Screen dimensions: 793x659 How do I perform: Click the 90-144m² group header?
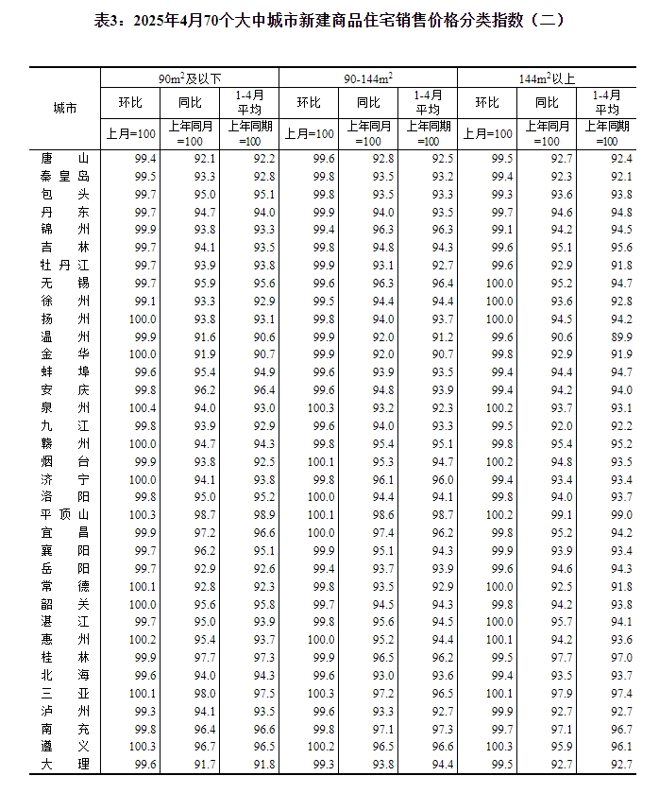(367, 78)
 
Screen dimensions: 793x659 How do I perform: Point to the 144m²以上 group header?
(549, 78)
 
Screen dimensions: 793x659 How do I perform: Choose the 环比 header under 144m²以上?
(487, 102)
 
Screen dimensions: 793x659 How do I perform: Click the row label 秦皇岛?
(65, 177)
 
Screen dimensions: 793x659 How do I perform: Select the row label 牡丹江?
(65, 266)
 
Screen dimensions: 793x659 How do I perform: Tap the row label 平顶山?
(65, 514)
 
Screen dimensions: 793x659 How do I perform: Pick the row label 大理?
(65, 763)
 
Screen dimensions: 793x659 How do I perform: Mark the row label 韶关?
(65, 603)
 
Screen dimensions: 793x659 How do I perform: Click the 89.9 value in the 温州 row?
(620, 336)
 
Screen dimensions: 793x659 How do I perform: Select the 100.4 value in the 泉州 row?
(144, 407)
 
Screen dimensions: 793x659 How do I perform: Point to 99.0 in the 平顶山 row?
(620, 514)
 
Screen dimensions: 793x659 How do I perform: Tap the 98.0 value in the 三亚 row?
(204, 692)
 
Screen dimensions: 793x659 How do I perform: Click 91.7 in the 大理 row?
(204, 763)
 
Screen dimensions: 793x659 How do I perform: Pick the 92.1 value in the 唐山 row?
(204, 159)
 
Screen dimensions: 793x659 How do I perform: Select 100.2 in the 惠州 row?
(144, 639)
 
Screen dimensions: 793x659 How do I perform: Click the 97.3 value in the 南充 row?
(442, 728)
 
